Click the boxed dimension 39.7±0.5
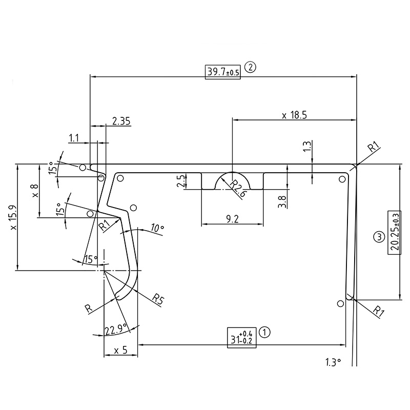coord(223,71)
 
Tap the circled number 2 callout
coord(250,67)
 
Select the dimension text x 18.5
coord(294,115)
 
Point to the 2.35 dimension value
coord(121,121)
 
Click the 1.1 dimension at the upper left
coord(74,138)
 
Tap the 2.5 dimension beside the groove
coord(179,182)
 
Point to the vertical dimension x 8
coord(35,191)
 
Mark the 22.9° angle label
coord(116,330)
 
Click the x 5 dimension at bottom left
coord(120,351)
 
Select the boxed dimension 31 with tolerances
coord(242,336)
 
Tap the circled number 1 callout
coord(264,332)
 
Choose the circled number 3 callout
coord(378,237)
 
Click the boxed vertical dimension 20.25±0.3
coord(394,231)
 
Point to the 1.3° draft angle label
coord(333,362)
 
